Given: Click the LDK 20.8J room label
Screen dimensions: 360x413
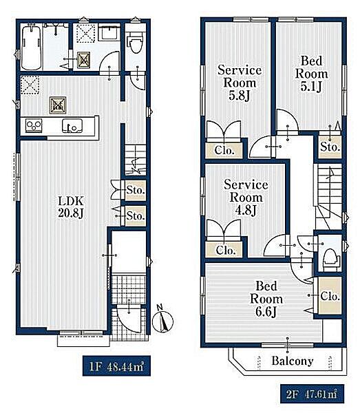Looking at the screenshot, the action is [71, 207].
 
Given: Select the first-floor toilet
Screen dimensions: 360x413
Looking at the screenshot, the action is [136, 44].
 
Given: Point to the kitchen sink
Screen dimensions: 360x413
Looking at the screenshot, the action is [72, 126].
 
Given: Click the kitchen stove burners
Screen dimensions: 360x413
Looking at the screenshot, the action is [34, 125].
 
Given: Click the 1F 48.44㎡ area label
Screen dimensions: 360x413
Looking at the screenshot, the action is [116, 366].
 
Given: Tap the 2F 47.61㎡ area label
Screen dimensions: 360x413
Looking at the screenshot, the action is [312, 394].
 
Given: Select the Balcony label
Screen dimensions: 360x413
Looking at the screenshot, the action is [293, 361].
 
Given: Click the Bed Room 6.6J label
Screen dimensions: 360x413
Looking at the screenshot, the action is [266, 299].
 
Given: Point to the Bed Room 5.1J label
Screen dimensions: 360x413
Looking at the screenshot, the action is [311, 74].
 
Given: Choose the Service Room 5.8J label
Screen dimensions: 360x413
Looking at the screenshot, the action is [240, 83].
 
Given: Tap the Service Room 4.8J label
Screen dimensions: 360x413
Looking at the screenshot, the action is [246, 198].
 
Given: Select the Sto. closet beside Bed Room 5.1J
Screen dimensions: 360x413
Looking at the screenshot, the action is [330, 147].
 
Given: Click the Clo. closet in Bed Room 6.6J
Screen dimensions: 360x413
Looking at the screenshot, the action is [330, 295].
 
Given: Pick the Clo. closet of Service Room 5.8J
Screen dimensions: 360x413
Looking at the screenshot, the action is [224, 151].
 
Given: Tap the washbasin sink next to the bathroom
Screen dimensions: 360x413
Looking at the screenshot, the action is [109, 32].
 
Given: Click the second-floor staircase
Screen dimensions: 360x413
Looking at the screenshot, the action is [328, 196].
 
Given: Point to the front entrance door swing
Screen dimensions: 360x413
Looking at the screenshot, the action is [129, 318].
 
